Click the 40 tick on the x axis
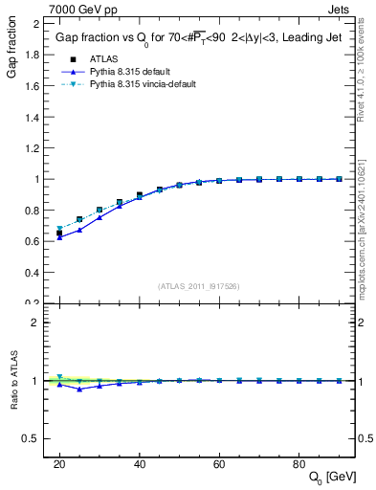pyautogui.click(x=140, y=463)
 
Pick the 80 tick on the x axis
pyautogui.click(x=299, y=463)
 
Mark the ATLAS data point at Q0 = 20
pyautogui.click(x=59, y=233)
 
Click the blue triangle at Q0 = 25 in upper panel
pyautogui.click(x=79, y=230)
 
